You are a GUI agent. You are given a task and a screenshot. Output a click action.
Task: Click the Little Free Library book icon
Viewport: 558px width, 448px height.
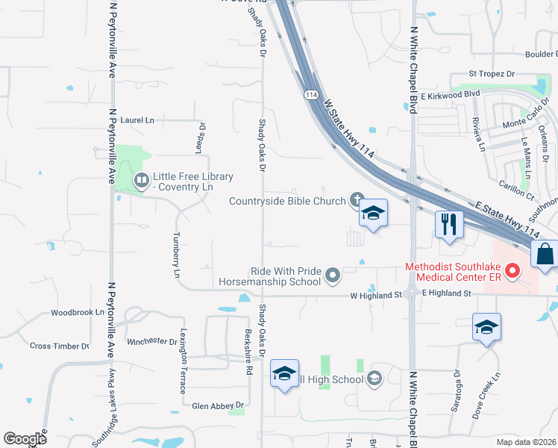coord(141,180)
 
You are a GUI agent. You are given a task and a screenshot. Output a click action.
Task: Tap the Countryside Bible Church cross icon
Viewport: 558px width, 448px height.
coord(357,200)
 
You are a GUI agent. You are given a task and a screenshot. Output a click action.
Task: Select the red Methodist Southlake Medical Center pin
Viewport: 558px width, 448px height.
coord(512,271)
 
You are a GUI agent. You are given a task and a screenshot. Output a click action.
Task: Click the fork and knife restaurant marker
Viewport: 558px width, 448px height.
coord(448,224)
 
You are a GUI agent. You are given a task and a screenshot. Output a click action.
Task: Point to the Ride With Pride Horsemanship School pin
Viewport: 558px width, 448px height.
coord(333,276)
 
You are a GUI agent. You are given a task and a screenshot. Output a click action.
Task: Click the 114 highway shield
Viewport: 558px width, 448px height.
coord(311,94)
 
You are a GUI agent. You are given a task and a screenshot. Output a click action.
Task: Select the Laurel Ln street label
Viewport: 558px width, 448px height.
coord(137,119)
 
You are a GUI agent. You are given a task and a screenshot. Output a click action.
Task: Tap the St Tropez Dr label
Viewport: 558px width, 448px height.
coord(492,74)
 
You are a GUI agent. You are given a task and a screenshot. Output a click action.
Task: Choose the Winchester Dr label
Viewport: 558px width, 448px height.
coord(151,342)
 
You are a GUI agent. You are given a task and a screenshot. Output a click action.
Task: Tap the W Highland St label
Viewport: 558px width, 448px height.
coord(376,296)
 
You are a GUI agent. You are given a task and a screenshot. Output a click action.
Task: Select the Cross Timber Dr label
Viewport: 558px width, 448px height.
coord(59,346)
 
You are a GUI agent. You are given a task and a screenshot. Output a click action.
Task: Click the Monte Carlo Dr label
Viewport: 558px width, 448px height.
coord(526,122)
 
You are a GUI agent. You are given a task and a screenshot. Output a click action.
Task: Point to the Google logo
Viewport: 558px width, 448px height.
coord(25,439)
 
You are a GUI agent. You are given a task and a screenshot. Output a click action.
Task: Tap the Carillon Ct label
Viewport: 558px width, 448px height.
coord(518,193)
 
